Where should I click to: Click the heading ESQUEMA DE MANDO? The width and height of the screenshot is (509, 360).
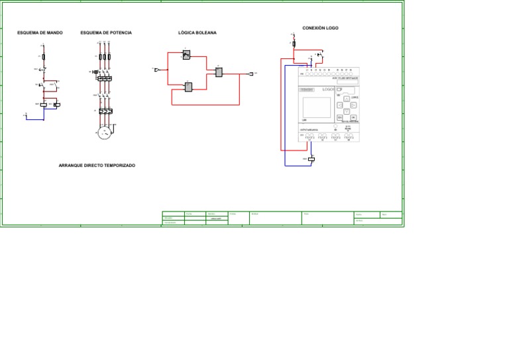click(40, 32)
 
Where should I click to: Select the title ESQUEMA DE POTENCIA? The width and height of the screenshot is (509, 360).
click(106, 32)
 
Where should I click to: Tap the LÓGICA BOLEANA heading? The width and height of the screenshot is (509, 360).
click(198, 32)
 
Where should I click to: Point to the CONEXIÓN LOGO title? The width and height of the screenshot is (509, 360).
click(320, 29)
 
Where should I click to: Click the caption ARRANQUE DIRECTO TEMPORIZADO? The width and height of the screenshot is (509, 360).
click(97, 166)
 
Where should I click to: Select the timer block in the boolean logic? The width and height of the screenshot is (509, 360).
click(187, 56)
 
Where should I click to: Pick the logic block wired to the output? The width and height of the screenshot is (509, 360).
click(219, 72)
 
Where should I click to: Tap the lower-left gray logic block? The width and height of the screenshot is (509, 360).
click(188, 87)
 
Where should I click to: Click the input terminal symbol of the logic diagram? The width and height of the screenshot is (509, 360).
click(156, 68)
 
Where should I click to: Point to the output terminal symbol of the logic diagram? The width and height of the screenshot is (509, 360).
click(251, 74)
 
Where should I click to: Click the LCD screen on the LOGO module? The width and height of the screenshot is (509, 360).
click(316, 108)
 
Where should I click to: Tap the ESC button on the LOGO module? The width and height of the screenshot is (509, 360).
click(339, 117)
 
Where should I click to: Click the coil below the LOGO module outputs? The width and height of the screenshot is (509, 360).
click(311, 159)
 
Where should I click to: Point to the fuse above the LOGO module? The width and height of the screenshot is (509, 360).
click(294, 44)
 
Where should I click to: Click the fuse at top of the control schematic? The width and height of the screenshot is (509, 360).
click(43, 57)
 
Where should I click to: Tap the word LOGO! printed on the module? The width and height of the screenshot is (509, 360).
click(328, 89)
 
